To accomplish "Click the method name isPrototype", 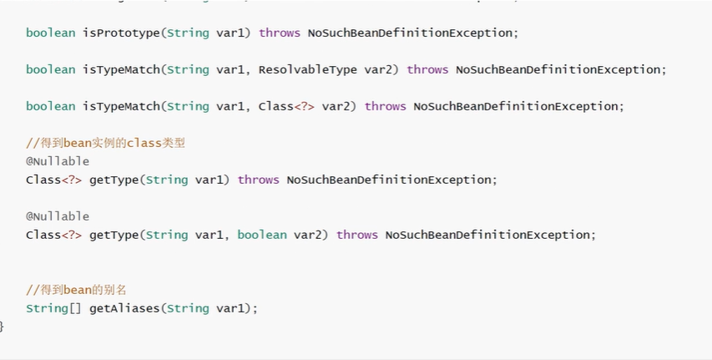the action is click(x=121, y=33).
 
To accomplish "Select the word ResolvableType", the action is click(x=308, y=70).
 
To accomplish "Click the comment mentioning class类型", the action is click(x=106, y=143).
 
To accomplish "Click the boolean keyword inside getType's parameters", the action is click(x=262, y=236).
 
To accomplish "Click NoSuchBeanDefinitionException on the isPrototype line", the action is click(x=410, y=33).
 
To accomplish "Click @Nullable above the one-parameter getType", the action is click(x=58, y=161).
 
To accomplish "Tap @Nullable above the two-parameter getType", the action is click(x=58, y=217).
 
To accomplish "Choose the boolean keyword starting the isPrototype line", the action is click(x=50, y=33).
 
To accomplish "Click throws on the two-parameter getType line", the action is click(x=357, y=236).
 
